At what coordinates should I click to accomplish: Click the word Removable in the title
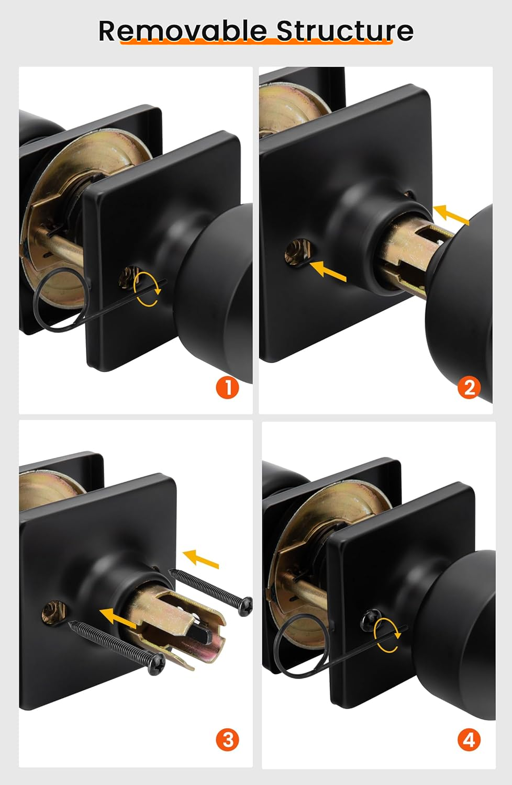click(183, 31)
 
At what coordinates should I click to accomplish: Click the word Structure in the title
click(345, 31)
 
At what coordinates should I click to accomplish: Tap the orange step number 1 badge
click(227, 388)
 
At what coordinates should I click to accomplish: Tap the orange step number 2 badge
click(469, 388)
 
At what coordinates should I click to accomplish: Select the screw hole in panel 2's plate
click(297, 251)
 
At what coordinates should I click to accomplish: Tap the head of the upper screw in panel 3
click(245, 606)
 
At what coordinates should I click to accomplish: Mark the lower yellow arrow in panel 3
click(118, 617)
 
